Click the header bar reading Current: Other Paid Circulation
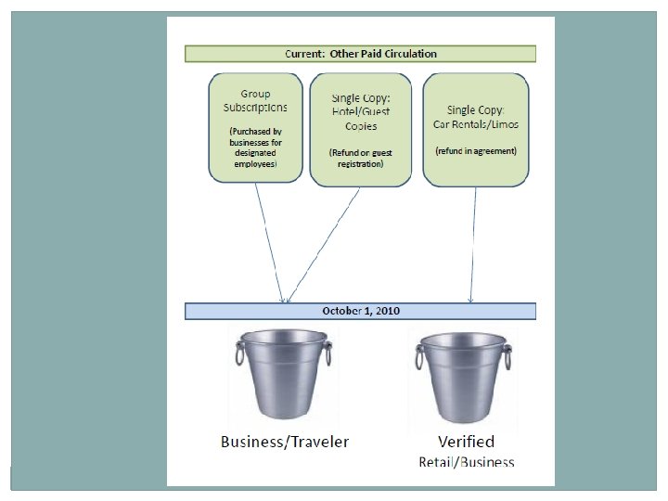click(x=360, y=54)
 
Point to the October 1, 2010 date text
click(x=361, y=311)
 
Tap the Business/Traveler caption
click(x=285, y=442)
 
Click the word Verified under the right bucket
click(x=466, y=442)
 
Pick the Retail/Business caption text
click(x=466, y=461)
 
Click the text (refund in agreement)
click(x=476, y=150)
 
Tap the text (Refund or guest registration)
click(x=355, y=158)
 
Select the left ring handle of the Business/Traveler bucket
click(x=239, y=353)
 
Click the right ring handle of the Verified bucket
click(x=507, y=354)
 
